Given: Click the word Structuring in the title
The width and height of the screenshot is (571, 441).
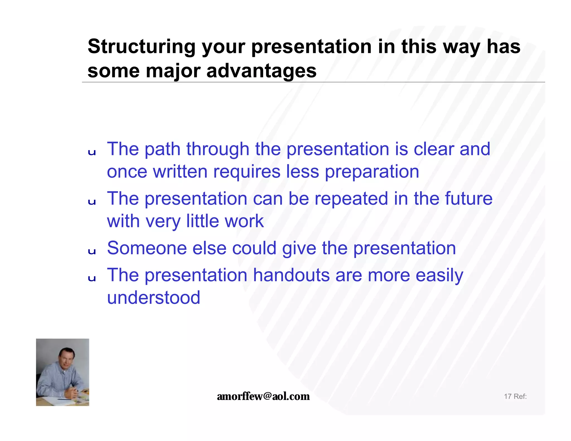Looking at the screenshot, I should point(141,47).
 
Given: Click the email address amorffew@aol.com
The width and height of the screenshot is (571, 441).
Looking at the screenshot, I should point(263,396).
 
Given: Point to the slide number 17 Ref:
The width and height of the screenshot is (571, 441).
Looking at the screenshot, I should point(515,396).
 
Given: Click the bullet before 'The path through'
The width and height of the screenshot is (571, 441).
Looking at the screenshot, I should point(92,152).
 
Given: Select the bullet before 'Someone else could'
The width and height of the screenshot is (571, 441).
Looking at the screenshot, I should point(92,251).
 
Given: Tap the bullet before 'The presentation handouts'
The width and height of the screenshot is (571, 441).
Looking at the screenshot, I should point(92,278).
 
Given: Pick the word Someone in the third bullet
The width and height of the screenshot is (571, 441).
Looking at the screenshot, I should point(147,248).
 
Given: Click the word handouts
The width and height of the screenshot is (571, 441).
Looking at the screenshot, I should point(291,275).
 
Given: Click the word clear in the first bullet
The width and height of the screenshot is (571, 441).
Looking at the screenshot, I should point(434,149).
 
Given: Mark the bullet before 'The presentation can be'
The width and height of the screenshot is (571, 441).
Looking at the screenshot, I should point(92,202).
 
